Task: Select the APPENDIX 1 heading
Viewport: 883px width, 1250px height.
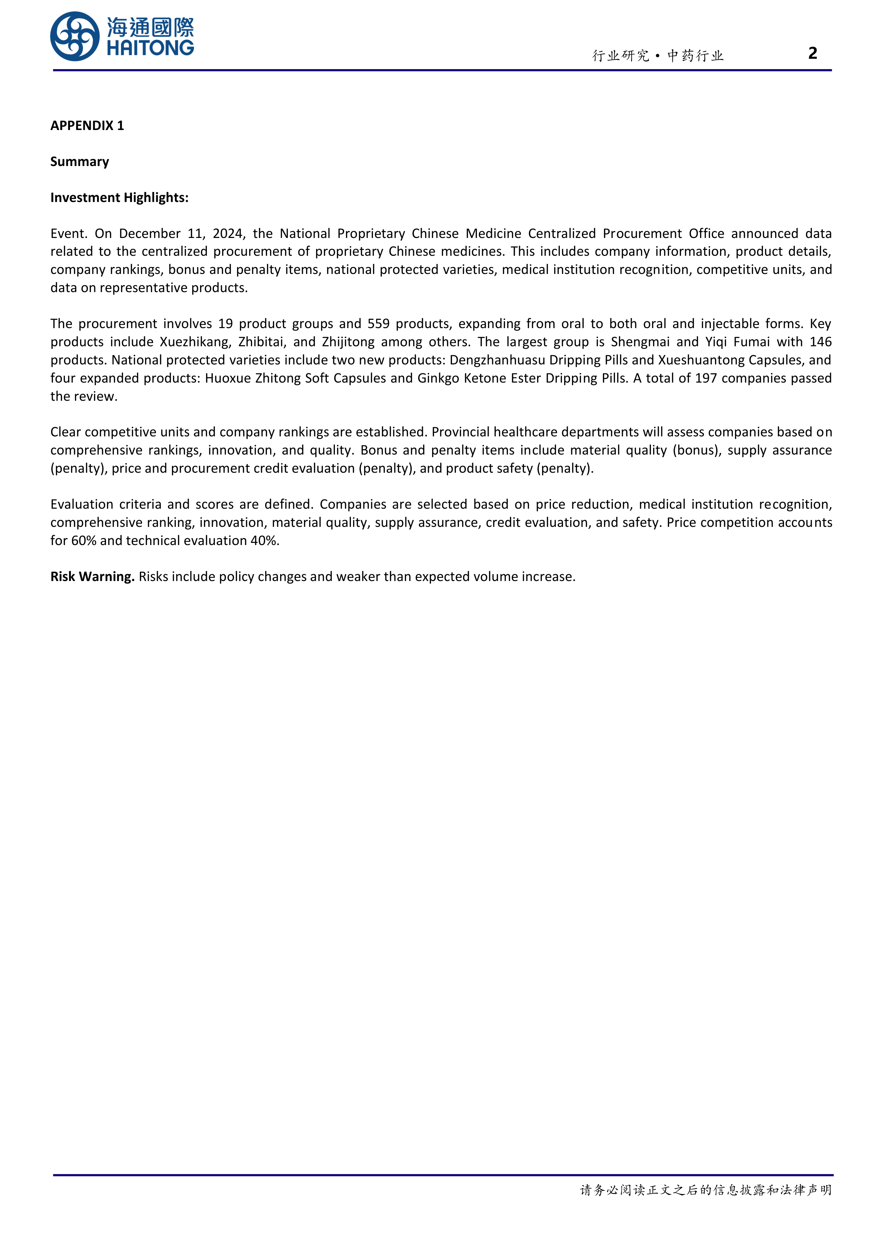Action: click(x=87, y=126)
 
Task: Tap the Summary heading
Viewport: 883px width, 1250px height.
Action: click(x=79, y=162)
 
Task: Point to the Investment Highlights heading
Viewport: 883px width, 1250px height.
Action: click(x=119, y=198)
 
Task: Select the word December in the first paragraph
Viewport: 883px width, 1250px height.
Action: click(x=149, y=234)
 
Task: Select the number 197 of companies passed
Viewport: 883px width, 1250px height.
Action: click(x=706, y=378)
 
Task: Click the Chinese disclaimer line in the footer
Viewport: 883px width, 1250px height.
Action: click(x=706, y=1190)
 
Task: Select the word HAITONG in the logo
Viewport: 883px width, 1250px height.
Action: click(x=150, y=48)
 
